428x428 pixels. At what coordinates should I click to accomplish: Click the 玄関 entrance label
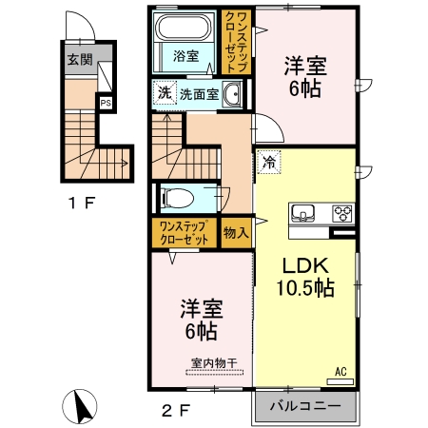coord(80,59)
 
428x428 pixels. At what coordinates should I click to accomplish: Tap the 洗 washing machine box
coord(165,93)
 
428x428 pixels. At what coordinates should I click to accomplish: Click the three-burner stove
coord(341,212)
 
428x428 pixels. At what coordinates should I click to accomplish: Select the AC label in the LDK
coord(339,372)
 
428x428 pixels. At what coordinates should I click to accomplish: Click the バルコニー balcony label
coord(302,405)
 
